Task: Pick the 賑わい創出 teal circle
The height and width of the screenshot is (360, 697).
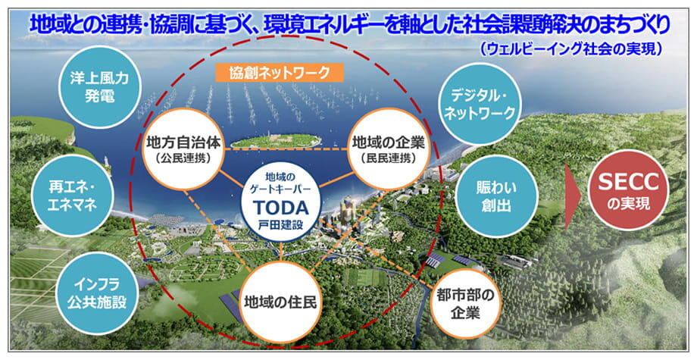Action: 497,197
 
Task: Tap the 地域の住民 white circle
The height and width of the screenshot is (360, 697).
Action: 280,302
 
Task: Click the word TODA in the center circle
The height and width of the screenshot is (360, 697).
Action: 281,208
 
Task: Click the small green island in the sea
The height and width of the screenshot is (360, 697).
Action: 276,141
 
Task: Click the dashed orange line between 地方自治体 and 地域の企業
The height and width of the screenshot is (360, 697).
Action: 286,149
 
